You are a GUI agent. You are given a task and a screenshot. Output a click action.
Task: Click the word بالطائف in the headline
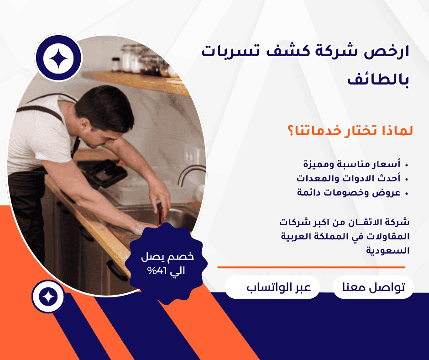click(378, 79)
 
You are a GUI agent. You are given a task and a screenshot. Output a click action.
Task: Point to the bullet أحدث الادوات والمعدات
click(349, 178)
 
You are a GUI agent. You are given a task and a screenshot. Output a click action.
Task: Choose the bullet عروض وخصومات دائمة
click(349, 192)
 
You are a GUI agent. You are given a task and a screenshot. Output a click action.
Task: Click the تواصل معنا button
click(373, 288)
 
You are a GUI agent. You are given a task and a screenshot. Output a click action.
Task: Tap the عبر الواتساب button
click(272, 288)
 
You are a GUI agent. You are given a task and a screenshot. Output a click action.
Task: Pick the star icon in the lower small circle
click(47, 296)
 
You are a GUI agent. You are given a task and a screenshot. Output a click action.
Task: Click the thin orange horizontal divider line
click(311, 267)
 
